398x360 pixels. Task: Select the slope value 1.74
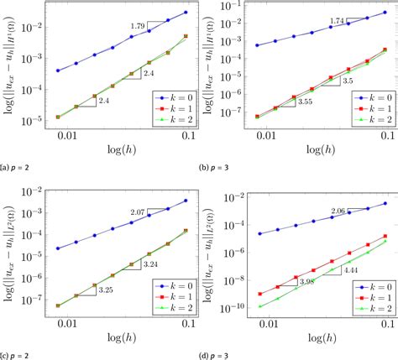333,44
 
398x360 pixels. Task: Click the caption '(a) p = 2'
20,170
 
